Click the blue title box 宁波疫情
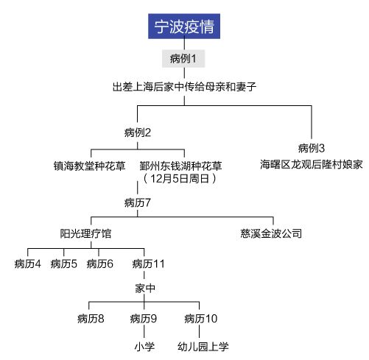[x=184, y=27]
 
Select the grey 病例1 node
[x=183, y=59]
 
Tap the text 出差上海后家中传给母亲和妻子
[x=184, y=87]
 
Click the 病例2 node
[x=138, y=133]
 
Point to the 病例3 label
[x=312, y=148]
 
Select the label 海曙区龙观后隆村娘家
[x=312, y=164]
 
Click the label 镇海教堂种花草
[x=89, y=166]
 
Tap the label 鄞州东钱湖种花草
[x=180, y=166]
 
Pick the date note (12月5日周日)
[x=180, y=178]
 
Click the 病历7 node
[x=138, y=202]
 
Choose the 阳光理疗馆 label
[x=85, y=233]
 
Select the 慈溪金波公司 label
[x=271, y=233]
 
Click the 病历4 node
[x=28, y=264]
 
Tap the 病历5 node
[x=64, y=264]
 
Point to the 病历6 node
[x=100, y=264]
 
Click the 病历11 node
[x=148, y=264]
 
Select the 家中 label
[x=145, y=288]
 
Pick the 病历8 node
[x=91, y=319]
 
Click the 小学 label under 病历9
[x=144, y=347]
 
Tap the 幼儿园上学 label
[x=203, y=347]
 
